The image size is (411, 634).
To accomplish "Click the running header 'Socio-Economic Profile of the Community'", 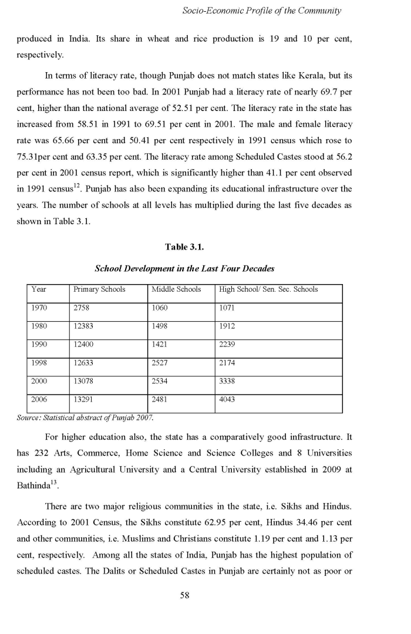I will (262, 11).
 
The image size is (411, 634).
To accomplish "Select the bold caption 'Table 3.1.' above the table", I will (184, 247).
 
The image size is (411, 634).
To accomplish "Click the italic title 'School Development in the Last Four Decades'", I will (184, 268).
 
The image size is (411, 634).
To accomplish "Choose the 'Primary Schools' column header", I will (99, 289).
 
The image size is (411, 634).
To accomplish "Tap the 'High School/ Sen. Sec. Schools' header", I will (268, 289).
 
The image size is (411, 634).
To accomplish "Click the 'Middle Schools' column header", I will (176, 289).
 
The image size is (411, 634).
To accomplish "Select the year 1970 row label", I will (39, 307).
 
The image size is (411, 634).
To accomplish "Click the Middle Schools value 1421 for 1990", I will (160, 344).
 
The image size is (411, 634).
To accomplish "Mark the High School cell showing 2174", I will (227, 362).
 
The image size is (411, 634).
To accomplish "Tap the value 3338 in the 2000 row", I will (227, 381).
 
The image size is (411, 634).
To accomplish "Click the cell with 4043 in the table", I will (227, 399).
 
